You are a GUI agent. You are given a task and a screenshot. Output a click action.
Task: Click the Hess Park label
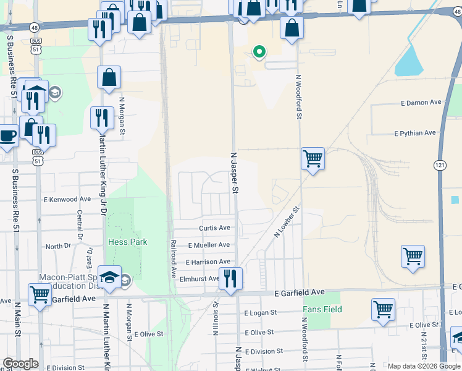coord(127,242)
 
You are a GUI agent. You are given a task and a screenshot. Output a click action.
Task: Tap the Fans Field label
coord(322,309)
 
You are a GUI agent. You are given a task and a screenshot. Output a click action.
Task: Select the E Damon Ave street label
coord(421,102)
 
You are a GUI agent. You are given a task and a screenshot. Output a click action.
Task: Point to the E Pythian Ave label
coord(415,133)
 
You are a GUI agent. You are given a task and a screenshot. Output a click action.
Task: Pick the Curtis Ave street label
coord(214,228)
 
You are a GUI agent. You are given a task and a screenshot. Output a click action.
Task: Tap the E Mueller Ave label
coord(209,245)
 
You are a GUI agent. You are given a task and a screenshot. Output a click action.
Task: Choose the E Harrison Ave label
coord(208,262)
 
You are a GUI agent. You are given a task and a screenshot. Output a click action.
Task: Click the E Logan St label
coord(260,313)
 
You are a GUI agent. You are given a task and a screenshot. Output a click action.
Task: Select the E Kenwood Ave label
coord(67,199)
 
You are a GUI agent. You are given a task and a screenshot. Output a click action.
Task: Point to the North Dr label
coord(59,246)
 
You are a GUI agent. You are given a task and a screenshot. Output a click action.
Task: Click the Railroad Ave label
coord(174,258)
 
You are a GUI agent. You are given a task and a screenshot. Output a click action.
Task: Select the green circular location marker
coord(259,52)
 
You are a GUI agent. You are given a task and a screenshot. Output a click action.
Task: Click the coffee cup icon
coord(7,135)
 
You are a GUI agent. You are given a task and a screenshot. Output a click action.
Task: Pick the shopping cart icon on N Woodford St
coord(313,159)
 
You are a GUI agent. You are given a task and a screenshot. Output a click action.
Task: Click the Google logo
coord(20,364)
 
